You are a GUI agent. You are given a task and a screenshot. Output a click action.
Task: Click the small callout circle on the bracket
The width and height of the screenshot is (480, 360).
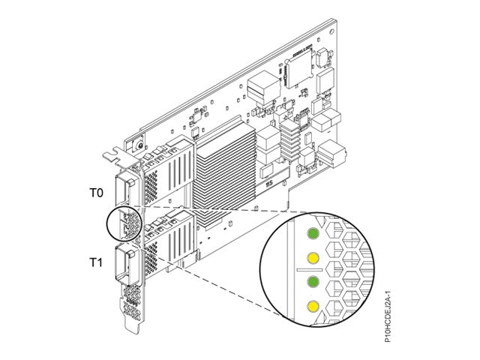pyautogui.click(x=124, y=225)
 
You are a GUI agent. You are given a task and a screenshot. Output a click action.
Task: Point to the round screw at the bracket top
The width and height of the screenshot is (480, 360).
pyautogui.click(x=139, y=143)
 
